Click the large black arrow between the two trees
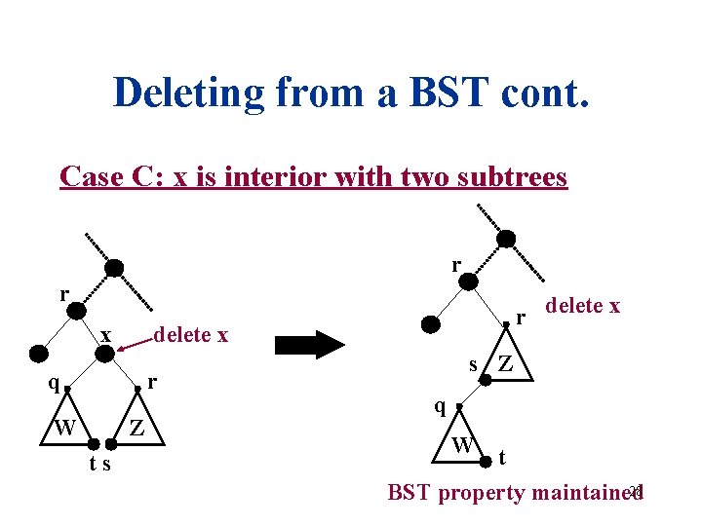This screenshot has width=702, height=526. (310, 344)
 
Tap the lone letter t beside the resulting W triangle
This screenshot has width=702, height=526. (501, 457)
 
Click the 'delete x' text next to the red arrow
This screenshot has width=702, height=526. (192, 335)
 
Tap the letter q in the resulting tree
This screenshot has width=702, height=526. (441, 406)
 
